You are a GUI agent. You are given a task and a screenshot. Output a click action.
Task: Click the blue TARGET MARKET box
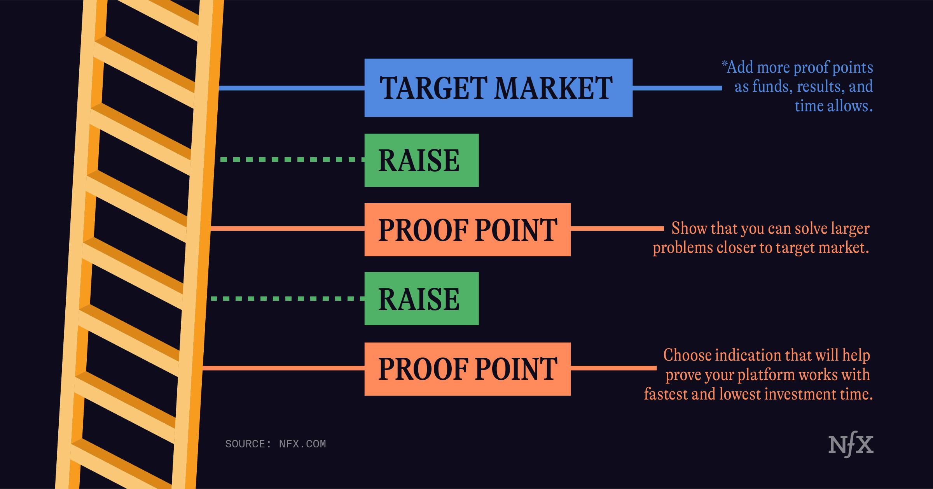point(498,88)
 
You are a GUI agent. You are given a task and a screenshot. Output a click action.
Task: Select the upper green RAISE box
point(421,160)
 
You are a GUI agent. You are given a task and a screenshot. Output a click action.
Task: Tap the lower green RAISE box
point(421,298)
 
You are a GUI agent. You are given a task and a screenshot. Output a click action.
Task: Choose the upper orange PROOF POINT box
point(468,230)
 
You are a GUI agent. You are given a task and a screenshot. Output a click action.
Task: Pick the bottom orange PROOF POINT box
point(468,369)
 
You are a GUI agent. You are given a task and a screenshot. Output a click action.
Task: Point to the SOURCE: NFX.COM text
point(276,444)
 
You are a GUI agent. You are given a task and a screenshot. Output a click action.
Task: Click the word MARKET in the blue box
point(553,88)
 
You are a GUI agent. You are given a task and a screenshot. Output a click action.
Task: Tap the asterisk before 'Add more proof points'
point(724,64)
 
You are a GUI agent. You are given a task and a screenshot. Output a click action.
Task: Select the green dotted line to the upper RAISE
point(292,159)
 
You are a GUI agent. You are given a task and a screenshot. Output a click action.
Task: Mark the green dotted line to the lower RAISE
point(288,298)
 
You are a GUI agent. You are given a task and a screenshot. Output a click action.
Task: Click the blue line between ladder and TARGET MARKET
point(292,88)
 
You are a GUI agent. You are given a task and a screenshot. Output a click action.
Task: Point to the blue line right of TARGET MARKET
point(677,88)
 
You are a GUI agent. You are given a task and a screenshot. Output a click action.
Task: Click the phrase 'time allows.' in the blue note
point(834,106)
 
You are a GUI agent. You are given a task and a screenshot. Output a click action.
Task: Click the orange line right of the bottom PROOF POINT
point(614,368)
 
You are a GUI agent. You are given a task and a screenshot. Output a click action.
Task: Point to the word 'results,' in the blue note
point(820,86)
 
